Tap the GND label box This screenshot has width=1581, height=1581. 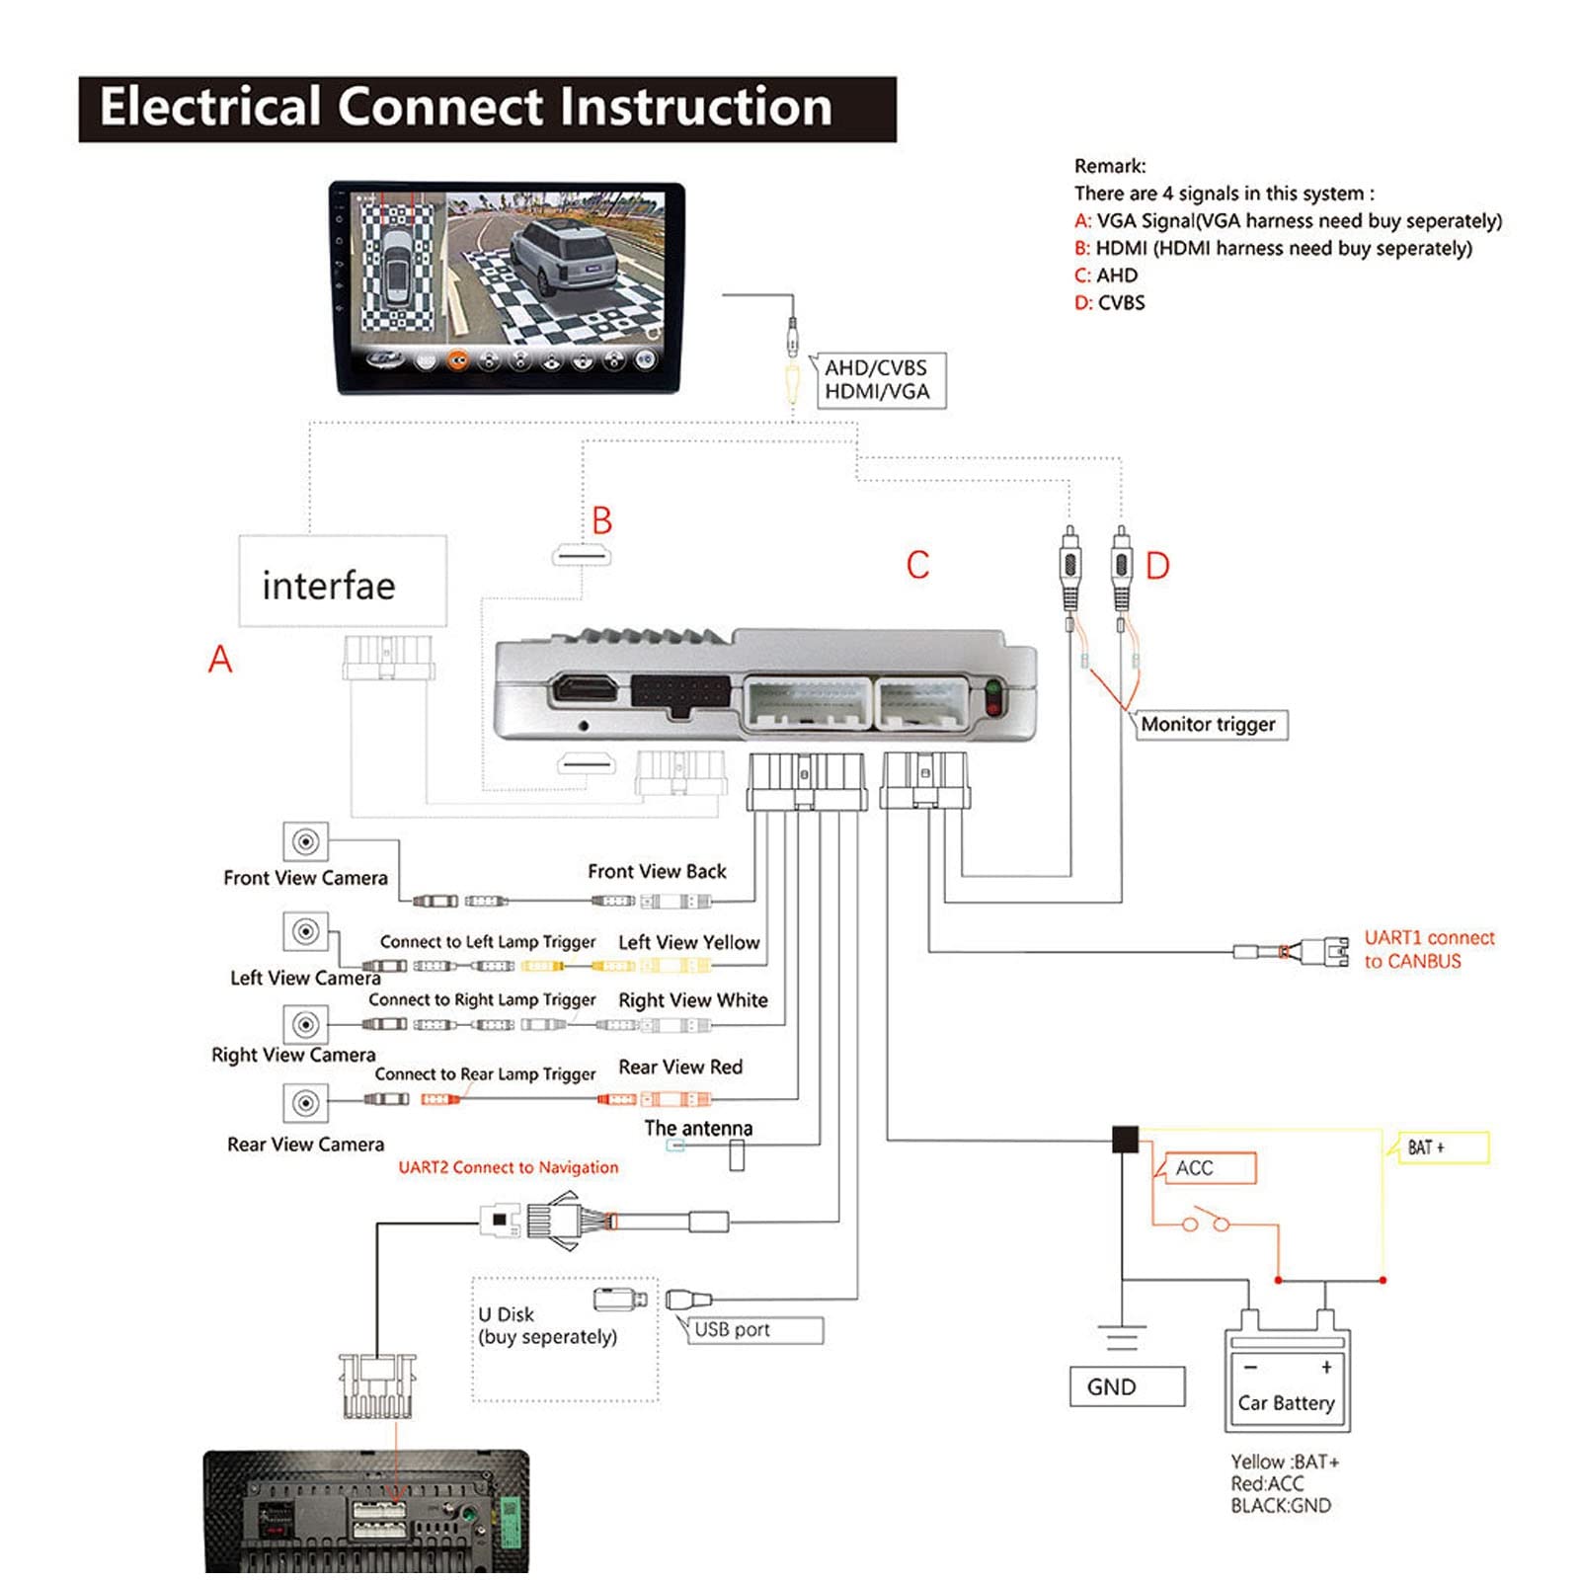click(x=1127, y=1386)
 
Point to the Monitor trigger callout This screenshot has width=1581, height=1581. click(x=1209, y=725)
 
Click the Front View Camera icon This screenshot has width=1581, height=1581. click(x=306, y=841)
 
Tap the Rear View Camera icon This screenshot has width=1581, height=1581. click(x=306, y=1102)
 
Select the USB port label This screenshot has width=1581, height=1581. click(x=753, y=1330)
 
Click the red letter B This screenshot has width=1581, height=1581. click(x=602, y=520)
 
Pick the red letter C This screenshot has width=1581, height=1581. click(x=917, y=565)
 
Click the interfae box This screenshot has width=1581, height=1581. click(x=343, y=582)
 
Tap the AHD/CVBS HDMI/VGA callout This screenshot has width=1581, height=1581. click(x=877, y=380)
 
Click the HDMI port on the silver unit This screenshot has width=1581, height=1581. click(x=585, y=688)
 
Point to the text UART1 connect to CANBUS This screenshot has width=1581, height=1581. click(x=1429, y=949)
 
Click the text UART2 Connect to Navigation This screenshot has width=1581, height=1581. click(x=509, y=1167)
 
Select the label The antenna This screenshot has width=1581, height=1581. click(x=698, y=1128)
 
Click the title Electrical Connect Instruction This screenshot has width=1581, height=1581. click(x=466, y=107)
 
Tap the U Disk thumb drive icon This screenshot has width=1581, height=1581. click(x=620, y=1299)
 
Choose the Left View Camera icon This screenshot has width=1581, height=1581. click(x=306, y=931)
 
